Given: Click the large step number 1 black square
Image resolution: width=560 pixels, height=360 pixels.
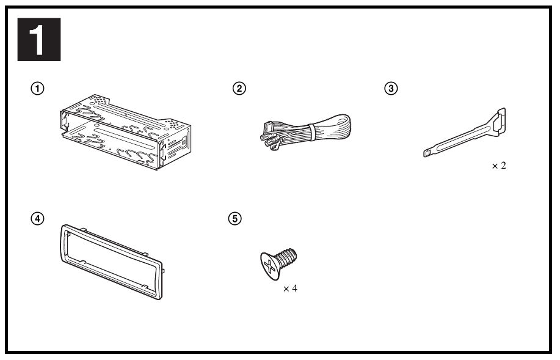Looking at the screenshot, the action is coord(39,39).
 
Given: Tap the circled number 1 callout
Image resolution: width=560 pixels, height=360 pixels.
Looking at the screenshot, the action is coord(37,88).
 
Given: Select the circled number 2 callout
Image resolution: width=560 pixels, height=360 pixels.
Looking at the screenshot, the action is coord(239,88).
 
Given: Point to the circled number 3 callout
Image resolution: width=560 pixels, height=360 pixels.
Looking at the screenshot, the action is coord(391,88).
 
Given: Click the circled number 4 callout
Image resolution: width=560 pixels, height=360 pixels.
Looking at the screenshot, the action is coord(37,218).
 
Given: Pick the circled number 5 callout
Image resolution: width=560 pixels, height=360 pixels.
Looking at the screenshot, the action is coord(235,218).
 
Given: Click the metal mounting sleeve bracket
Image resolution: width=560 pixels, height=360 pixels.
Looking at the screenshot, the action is coord(126,132).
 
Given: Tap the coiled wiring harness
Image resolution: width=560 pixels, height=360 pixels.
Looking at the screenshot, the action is coord(305,132).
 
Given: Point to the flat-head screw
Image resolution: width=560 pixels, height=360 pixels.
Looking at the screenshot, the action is coord(278,264).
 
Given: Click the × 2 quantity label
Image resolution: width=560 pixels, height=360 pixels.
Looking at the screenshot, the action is coord(499,166).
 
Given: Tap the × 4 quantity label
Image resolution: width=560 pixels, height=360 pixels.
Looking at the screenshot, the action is coord(290,288).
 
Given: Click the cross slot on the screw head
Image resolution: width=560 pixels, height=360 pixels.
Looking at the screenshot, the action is coord(269,266).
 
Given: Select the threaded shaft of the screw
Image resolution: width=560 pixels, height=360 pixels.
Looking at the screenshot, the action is coord(287,257).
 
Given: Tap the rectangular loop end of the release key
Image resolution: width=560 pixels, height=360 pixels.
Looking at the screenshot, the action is coord(498,121).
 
